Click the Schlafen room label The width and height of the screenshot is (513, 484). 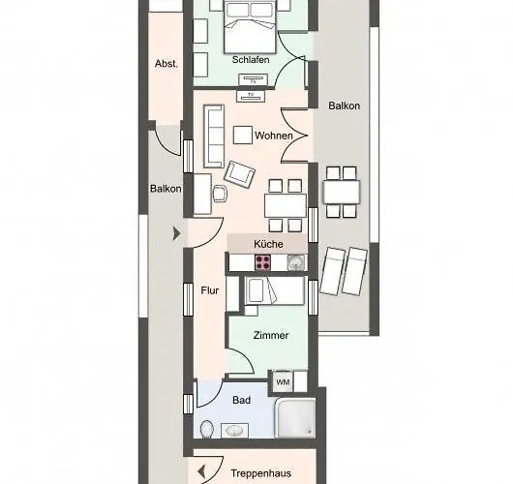251,60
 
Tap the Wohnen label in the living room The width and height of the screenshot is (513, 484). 274,136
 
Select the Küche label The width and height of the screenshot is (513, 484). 268,244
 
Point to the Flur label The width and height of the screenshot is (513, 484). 210,289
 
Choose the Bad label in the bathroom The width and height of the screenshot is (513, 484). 240,398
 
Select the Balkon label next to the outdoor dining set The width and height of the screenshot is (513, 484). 344,106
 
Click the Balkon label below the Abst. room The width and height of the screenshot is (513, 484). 165,189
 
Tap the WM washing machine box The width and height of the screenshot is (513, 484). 283,381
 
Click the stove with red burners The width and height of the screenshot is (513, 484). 264,261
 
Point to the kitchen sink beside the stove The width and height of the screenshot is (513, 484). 294,261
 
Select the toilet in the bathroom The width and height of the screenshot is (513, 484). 205,428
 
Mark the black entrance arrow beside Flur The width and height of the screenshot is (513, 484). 175,232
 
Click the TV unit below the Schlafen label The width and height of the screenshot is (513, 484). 252,95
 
